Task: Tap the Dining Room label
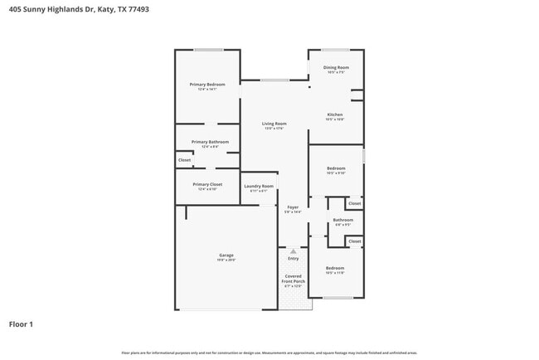click(x=336, y=67)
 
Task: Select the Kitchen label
click(x=335, y=114)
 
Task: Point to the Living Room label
click(x=274, y=124)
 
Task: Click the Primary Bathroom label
click(x=209, y=142)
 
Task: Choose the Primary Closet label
click(x=207, y=184)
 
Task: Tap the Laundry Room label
click(x=258, y=187)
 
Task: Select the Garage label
click(x=226, y=255)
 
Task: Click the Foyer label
click(x=293, y=207)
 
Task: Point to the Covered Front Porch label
click(x=294, y=279)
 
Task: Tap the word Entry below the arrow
click(x=293, y=258)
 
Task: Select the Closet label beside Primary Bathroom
click(x=184, y=160)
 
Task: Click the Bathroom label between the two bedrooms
click(x=343, y=220)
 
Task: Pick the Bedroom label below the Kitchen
click(x=336, y=168)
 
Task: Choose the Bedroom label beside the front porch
click(x=335, y=268)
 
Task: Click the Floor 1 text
click(x=22, y=324)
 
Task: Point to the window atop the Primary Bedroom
click(x=208, y=50)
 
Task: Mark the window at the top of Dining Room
click(x=335, y=50)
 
